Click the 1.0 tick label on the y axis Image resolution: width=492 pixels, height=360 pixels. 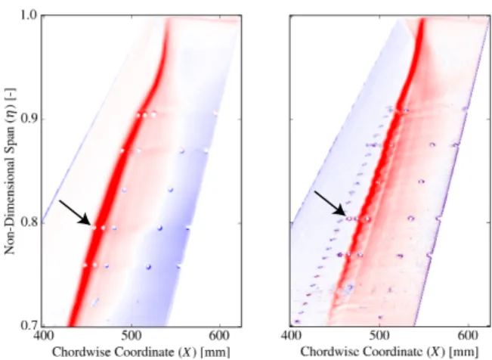coord(29,15)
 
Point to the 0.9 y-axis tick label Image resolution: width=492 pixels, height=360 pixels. coord(29,119)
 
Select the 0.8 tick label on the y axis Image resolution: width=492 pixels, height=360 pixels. coord(29,222)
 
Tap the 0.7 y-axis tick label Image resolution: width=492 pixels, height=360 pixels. coord(29,325)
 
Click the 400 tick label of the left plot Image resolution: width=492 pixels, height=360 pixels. coord(42,337)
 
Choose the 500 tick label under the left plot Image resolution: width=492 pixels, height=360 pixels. coord(132,337)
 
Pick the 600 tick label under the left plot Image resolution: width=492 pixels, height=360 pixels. coord(219,337)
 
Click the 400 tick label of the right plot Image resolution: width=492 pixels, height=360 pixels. coord(290,337)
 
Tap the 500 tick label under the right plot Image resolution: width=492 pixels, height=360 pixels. coord(379,337)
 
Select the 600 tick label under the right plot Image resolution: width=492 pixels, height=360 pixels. coord(468,337)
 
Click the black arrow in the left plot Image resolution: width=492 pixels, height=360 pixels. coord(75,213)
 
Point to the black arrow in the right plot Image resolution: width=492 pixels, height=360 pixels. coord(330,203)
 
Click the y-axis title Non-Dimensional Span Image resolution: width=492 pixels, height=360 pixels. coord(9,171)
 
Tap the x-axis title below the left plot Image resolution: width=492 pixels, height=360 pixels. coord(141,352)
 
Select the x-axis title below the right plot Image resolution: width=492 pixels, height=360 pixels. coord(389,352)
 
